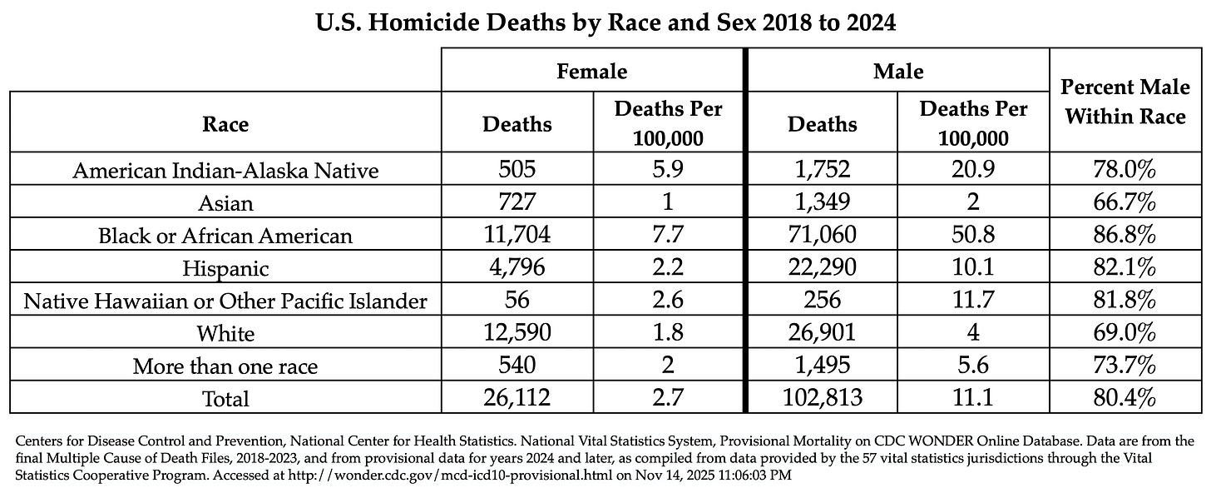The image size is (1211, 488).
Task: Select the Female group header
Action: point(592,72)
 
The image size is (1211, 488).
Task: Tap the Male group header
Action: point(897,72)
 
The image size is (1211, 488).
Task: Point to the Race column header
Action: point(225,124)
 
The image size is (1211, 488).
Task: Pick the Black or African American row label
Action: point(225,236)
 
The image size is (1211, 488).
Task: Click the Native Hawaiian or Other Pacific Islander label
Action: point(225,301)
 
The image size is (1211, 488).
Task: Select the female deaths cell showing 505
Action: point(517,171)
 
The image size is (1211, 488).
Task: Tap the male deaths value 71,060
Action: point(823,236)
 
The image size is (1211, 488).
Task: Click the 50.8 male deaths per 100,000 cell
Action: point(974,236)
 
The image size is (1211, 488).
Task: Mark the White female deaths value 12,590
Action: point(517,333)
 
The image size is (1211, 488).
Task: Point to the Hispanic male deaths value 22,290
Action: point(823,268)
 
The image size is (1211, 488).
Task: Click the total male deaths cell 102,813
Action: point(823,398)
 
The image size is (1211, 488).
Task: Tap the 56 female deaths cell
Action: point(517,301)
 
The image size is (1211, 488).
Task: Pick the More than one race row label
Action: point(225,366)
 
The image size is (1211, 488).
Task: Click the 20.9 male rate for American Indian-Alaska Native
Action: point(974,171)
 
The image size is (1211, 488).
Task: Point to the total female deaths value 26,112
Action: point(517,398)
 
